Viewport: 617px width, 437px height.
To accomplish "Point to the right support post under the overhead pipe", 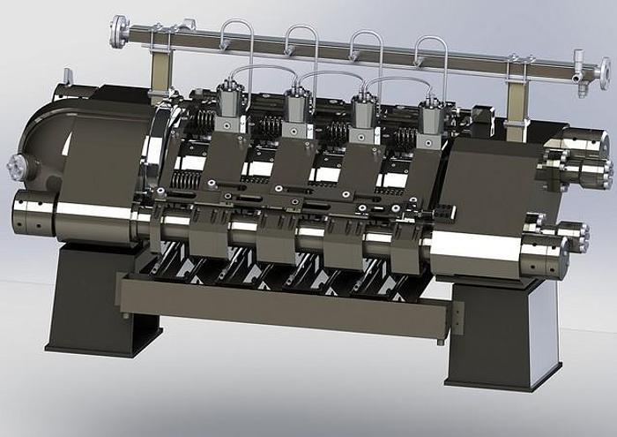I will (x=517, y=88).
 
